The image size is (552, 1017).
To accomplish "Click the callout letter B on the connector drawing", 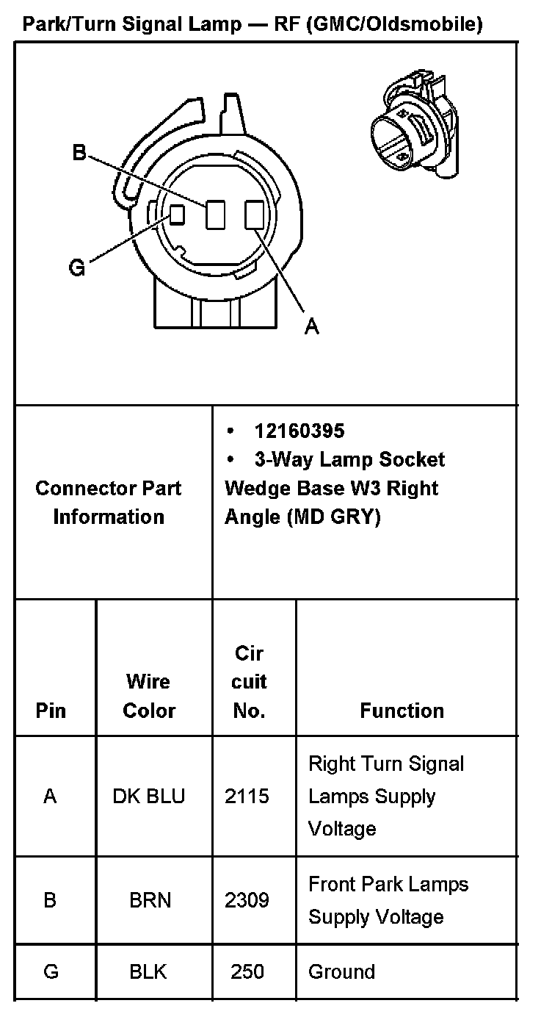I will [x=79, y=153].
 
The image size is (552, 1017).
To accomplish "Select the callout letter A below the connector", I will [x=312, y=326].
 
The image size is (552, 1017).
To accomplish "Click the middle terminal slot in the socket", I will [x=215, y=215].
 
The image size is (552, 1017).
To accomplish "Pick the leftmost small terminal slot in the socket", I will [x=176, y=215].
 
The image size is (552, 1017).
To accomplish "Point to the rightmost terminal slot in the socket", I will [x=254, y=215].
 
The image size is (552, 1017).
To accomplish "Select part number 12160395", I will [x=299, y=431].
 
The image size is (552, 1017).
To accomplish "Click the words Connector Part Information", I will [x=109, y=502].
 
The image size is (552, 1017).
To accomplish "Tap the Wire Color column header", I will [x=149, y=696].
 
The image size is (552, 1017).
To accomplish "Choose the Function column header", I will [x=402, y=711].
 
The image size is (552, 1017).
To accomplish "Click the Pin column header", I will [x=51, y=711].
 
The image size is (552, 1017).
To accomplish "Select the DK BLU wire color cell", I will [x=149, y=797].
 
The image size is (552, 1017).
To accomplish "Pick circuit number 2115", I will [x=247, y=797].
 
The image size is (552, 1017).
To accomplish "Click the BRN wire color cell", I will [x=150, y=900].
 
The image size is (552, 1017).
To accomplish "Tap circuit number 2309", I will [x=247, y=900].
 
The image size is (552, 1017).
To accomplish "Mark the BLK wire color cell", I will [x=148, y=971].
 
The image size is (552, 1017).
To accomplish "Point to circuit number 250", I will [x=247, y=971].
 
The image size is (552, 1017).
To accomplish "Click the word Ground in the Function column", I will [x=341, y=971].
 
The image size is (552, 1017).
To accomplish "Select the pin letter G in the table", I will [x=51, y=971].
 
